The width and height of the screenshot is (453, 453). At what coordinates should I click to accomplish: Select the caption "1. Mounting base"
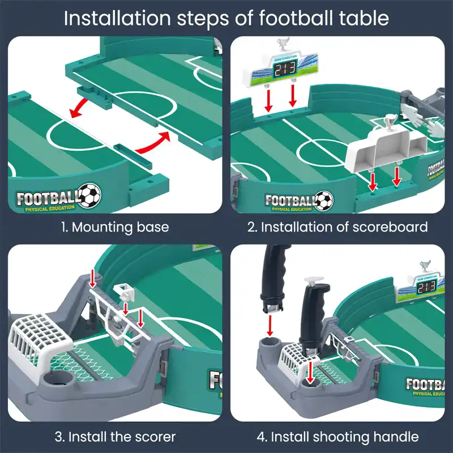(115, 227)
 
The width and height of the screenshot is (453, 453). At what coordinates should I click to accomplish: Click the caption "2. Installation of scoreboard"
(337, 227)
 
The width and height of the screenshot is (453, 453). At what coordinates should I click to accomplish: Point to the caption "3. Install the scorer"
(115, 437)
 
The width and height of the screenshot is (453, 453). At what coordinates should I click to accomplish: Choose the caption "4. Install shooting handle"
(337, 437)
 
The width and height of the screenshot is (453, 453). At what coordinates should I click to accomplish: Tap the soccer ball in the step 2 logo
(324, 199)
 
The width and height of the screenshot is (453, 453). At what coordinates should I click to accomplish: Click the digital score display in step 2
(284, 70)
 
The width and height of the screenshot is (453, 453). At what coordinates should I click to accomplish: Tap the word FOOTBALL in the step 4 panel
(428, 384)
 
